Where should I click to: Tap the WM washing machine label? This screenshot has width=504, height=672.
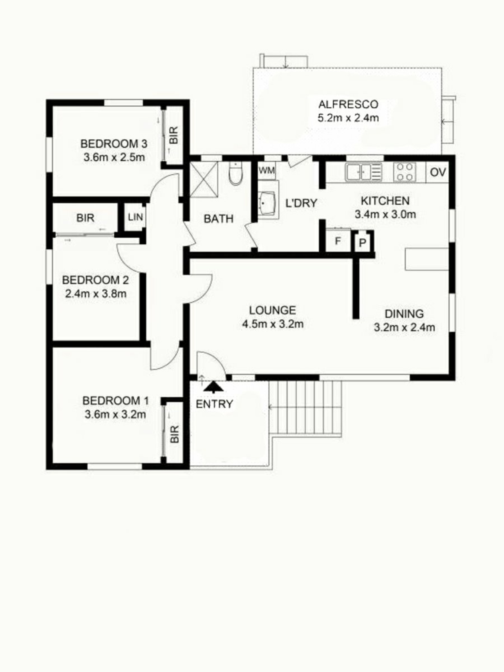[x=266, y=170]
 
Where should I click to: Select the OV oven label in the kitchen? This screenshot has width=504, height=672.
[x=438, y=172]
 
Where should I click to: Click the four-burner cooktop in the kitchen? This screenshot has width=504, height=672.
[x=404, y=172]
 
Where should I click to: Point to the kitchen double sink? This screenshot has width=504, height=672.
[x=363, y=172]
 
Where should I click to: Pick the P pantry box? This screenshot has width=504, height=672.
[x=362, y=243]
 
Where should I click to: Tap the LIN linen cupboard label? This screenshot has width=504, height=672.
[x=135, y=217]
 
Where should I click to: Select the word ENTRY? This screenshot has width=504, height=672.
[x=214, y=404]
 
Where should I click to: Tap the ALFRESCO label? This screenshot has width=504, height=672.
[x=348, y=104]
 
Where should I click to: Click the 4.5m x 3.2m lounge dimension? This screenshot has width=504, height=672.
[x=272, y=324]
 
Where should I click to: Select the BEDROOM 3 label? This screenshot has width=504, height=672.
[x=114, y=143]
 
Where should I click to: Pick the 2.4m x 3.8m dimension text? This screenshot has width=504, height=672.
[x=96, y=294]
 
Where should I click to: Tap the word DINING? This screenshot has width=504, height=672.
[x=404, y=313]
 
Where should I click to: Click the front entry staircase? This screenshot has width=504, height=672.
[x=305, y=409]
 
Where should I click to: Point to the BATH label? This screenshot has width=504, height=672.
[x=218, y=219]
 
